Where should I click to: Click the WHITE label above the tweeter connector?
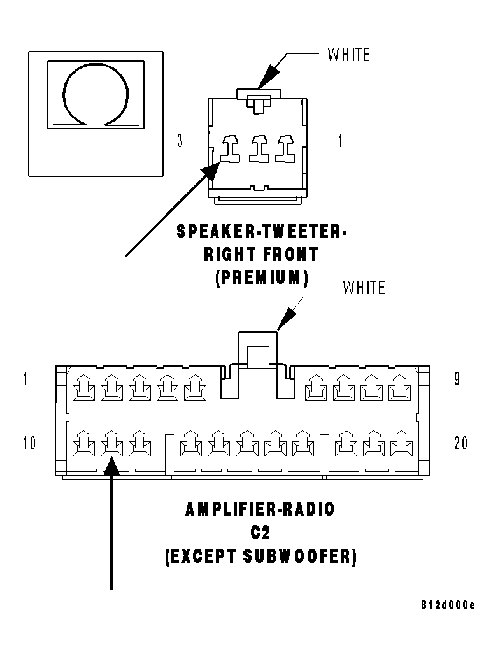pos(349,55)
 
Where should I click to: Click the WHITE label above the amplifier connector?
pos(364,288)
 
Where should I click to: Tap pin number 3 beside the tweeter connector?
pos(180,141)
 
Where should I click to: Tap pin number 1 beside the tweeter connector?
pos(340,141)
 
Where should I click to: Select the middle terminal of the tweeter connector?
pos(260,149)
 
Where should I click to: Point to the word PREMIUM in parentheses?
pos(262,278)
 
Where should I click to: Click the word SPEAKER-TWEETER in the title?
pos(262,231)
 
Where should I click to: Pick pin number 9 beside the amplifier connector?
pos(457,379)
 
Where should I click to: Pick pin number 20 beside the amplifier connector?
pos(460,443)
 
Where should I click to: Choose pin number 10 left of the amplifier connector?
pos(29,443)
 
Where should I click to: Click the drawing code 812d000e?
pos(448,605)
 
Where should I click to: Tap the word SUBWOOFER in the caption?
pos(299,556)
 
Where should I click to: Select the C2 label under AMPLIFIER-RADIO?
pos(260,533)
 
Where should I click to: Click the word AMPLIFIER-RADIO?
pos(260,509)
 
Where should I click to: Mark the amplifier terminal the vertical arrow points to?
pos(111,443)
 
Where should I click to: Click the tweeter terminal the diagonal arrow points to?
pos(229,149)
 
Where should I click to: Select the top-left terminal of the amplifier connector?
pos(83,388)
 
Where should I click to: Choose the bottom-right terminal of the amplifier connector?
pos(401,443)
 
